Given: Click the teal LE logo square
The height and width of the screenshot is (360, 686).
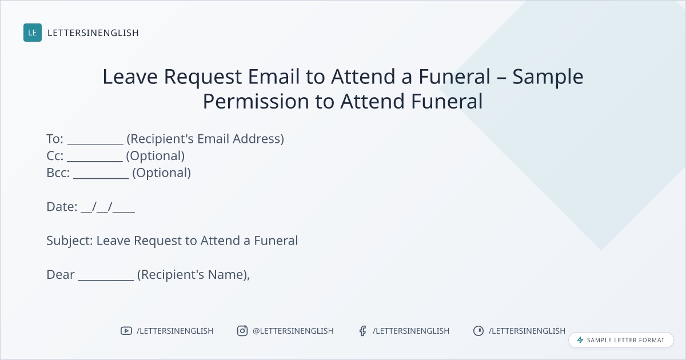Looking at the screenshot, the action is (x=33, y=33).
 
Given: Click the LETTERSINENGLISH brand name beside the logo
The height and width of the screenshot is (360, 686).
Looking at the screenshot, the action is (x=93, y=33).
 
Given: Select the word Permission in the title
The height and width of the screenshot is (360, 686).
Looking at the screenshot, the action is (x=256, y=101).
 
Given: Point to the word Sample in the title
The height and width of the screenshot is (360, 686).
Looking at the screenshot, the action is (x=548, y=77).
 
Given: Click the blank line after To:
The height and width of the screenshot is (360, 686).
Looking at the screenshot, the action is (x=95, y=144).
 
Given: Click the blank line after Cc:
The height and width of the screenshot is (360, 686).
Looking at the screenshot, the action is (x=95, y=161).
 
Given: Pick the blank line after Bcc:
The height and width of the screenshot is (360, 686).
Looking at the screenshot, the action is (x=101, y=178).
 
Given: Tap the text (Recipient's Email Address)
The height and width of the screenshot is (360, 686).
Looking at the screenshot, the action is (x=205, y=139).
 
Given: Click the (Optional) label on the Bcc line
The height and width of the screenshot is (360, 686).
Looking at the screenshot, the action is (x=161, y=173).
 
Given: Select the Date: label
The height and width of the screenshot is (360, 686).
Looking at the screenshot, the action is (x=62, y=207).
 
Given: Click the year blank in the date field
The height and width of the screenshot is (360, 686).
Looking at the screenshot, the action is (x=123, y=212).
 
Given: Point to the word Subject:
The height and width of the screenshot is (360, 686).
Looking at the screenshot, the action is (x=70, y=241).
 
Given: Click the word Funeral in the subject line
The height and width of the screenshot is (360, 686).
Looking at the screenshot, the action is (x=276, y=241).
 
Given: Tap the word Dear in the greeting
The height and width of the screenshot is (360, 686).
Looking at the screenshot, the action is (x=61, y=275).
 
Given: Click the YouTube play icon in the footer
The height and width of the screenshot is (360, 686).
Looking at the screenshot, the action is (x=126, y=331).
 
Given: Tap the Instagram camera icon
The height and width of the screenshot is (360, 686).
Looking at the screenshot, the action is (x=242, y=331).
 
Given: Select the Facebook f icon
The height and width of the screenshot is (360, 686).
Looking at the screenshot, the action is (x=363, y=331).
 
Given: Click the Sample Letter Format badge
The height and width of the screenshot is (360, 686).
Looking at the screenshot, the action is (x=621, y=340).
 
